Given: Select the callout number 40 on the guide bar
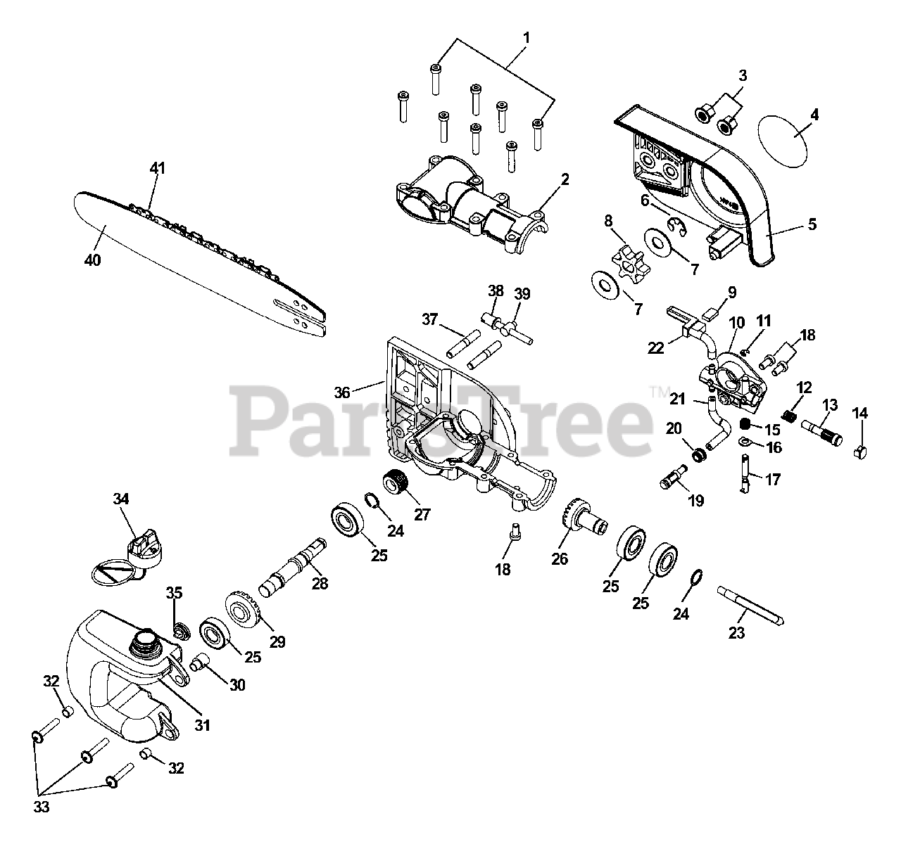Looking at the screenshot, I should [92, 260].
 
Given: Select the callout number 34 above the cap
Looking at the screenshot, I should [121, 499].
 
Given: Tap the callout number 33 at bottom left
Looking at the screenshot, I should [42, 807].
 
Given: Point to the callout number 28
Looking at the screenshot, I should [320, 583].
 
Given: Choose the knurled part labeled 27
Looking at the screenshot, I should [392, 485].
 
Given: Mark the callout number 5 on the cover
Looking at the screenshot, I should [812, 224].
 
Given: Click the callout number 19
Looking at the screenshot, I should [695, 501].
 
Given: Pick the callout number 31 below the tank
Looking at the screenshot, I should [202, 723].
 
